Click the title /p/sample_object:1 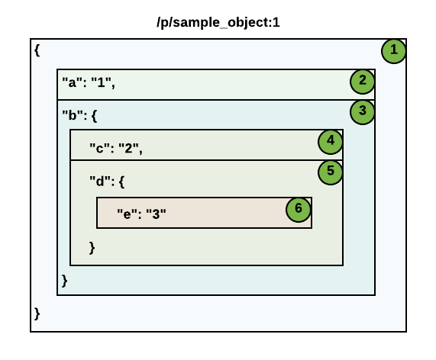218,22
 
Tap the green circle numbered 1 394,50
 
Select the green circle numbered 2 363,80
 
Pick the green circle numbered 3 363,111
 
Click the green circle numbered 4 331,141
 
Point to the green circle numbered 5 331,171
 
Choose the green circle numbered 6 299,208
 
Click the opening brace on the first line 37,50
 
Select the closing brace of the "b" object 64,281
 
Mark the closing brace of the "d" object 92,247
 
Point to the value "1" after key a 102,84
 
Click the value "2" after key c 130,148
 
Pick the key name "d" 99,182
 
